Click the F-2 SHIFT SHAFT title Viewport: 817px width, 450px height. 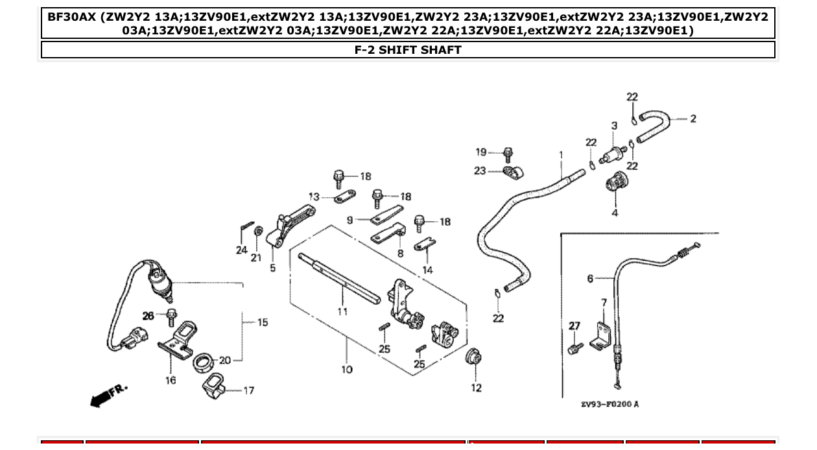point(408,50)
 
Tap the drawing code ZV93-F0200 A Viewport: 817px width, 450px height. point(610,404)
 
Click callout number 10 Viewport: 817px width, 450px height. point(346,370)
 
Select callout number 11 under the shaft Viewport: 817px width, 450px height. point(342,312)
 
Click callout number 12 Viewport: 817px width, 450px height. point(477,388)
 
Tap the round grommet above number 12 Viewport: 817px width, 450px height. point(475,356)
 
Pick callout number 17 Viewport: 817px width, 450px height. point(248,390)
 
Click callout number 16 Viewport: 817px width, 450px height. point(170,380)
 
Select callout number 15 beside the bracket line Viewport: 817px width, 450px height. point(262,322)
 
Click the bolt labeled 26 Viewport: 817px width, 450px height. point(172,316)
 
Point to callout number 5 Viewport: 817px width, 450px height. point(272,268)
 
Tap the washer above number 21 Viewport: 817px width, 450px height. point(257,230)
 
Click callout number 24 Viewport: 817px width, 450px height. point(242,250)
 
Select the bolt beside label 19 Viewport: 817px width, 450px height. point(508,154)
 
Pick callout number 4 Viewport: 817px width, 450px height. point(615,213)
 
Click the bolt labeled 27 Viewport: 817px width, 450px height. point(573,349)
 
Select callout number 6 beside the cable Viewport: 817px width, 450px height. point(590,279)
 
